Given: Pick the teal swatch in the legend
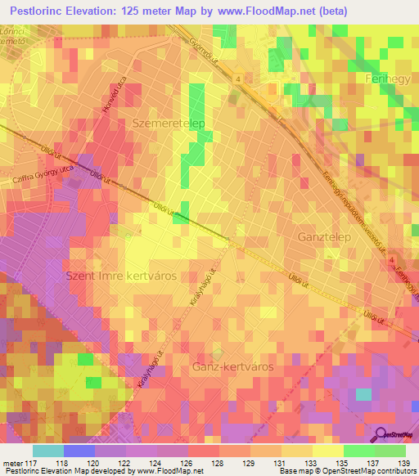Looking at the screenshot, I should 47,450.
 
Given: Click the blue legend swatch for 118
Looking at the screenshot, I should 78,450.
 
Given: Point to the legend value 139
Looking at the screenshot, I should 401,462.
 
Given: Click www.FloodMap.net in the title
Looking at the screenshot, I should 258,11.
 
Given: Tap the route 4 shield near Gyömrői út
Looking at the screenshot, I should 237,79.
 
